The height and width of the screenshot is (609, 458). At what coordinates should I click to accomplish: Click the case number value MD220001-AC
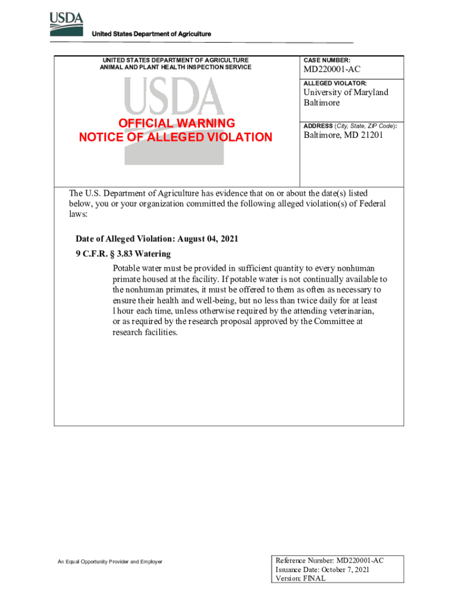(332, 70)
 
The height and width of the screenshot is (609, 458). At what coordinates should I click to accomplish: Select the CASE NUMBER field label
(327, 61)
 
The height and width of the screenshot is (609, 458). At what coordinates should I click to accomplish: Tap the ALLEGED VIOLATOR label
(335, 83)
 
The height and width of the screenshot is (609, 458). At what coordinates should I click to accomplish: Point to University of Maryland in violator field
(346, 92)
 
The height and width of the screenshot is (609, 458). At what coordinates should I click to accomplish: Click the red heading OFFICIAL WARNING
(176, 123)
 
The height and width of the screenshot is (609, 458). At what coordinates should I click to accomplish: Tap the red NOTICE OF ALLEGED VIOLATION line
(175, 137)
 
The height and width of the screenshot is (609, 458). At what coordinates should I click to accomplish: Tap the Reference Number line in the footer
(329, 560)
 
